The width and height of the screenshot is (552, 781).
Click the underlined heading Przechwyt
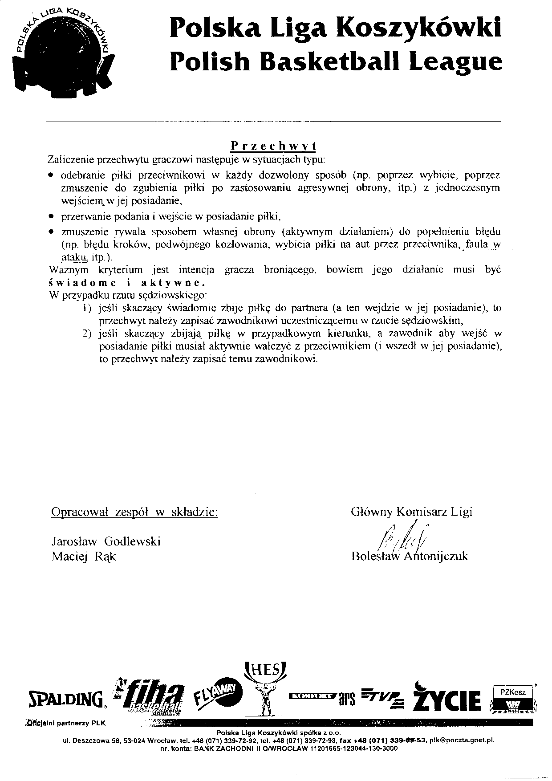coord(273,146)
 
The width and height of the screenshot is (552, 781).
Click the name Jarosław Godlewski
coord(106,541)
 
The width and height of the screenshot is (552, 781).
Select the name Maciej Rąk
coord(84,557)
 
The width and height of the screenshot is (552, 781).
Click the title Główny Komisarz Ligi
coord(411,512)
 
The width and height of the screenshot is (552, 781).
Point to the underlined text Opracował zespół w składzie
coord(135,512)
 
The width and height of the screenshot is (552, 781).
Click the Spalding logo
coord(66,700)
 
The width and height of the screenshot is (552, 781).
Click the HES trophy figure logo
coord(265,688)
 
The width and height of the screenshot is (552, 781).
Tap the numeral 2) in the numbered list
coord(88,333)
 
